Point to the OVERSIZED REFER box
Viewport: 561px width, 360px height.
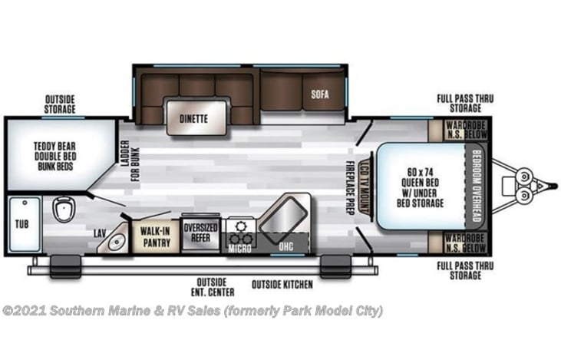tap(200, 233)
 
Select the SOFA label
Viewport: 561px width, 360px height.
tap(320, 96)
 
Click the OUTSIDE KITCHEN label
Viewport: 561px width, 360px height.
tap(282, 284)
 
